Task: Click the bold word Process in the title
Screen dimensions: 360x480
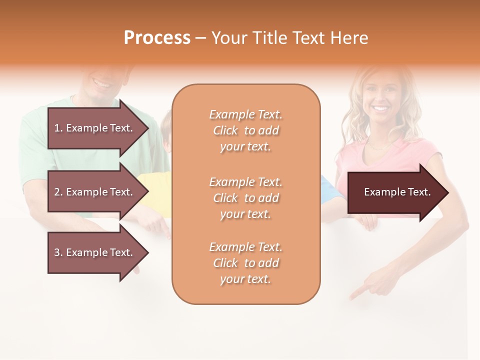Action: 157,38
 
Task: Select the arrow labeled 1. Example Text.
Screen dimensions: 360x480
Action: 93,128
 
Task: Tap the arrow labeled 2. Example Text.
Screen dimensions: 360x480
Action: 93,192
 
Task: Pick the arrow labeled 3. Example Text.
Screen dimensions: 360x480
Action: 93,252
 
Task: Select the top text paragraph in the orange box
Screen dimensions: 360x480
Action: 246,130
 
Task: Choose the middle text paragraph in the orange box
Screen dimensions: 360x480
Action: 246,198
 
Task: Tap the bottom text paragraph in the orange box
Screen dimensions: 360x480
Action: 246,263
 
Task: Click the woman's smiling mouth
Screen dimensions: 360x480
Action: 381,108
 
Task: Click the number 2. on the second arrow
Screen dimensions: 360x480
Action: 58,192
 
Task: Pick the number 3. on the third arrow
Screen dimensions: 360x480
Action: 58,252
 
